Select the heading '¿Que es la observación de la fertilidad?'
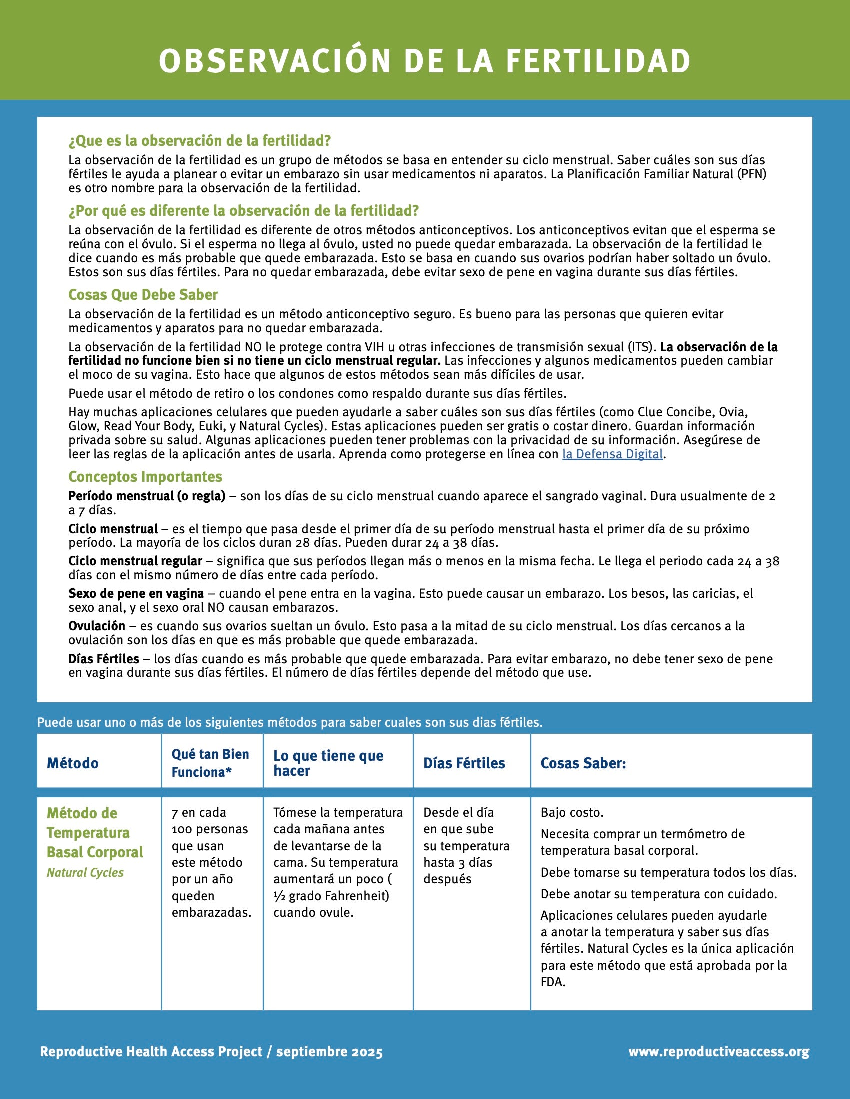[x=200, y=141]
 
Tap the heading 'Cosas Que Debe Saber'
[x=143, y=294]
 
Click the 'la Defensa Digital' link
[x=612, y=454]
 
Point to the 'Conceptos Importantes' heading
[x=145, y=476]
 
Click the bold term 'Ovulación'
[x=97, y=626]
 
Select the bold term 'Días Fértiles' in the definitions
[x=104, y=659]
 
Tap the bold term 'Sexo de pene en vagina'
[x=136, y=593]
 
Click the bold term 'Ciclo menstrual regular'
[x=135, y=561]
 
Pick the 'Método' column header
[x=73, y=763]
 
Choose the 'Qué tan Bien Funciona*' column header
[x=210, y=763]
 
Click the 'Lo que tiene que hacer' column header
[x=328, y=763]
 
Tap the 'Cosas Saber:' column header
[x=583, y=763]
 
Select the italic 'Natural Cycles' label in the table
[x=85, y=873]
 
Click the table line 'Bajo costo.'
[x=572, y=813]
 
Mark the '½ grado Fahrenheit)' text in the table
[x=332, y=896]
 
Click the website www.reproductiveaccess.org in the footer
[x=719, y=1051]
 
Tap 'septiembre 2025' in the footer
[x=329, y=1051]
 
